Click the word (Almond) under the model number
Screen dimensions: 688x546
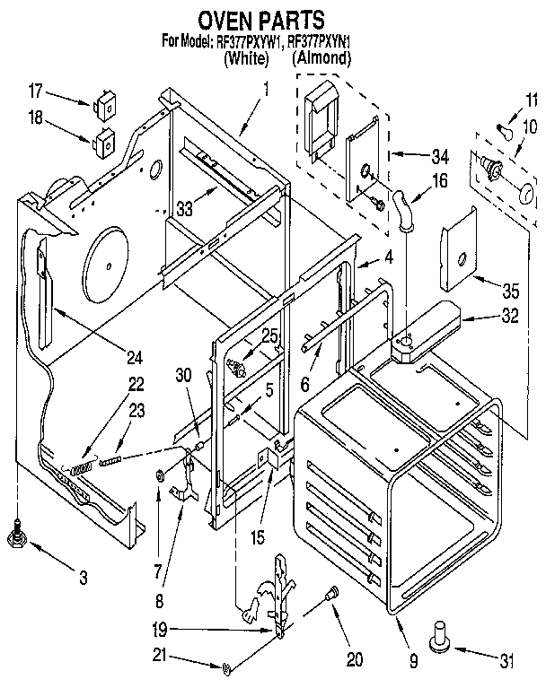point(321,58)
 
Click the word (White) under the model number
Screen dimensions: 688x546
point(245,59)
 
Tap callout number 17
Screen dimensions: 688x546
point(36,91)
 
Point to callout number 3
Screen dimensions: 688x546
point(84,579)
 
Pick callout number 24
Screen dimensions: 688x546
point(134,358)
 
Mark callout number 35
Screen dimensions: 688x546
point(511,290)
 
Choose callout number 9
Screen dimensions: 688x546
point(415,664)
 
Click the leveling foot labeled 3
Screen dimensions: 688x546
point(15,536)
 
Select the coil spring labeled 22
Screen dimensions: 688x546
point(83,466)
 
